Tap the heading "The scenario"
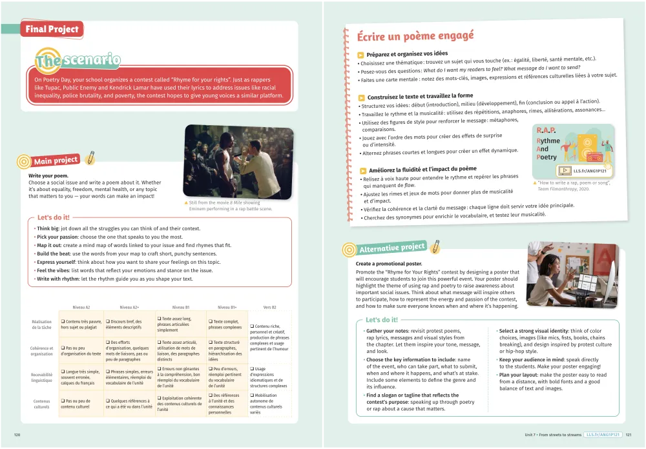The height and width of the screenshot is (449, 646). [x=78, y=61]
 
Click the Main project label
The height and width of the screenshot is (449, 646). [x=56, y=161]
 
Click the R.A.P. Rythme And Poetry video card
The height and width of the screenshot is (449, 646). [x=573, y=150]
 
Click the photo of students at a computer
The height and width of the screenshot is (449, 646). [x=572, y=275]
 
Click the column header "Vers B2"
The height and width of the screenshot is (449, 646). [x=269, y=308]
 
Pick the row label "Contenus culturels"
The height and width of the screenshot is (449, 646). [x=42, y=404]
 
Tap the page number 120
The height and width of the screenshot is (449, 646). [x=17, y=435]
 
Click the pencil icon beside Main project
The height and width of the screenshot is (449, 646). [x=90, y=156]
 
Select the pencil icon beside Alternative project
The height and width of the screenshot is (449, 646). [x=436, y=245]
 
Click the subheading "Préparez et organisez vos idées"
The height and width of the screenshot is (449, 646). [x=406, y=54]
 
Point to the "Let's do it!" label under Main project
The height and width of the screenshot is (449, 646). [x=53, y=217]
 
